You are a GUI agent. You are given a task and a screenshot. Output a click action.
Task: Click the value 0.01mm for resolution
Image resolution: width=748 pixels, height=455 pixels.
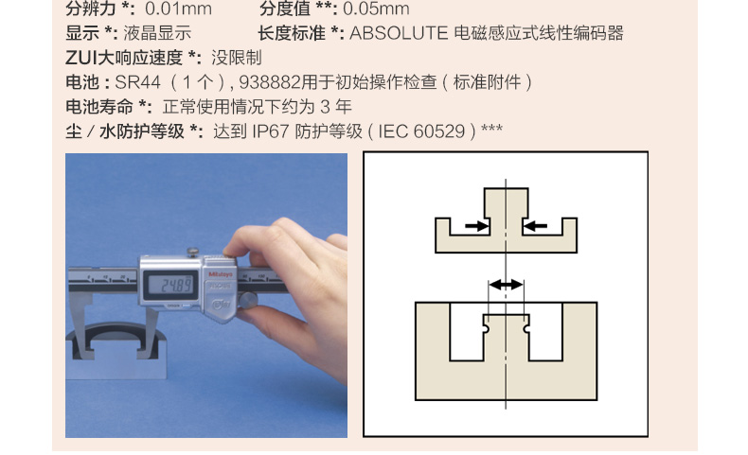pyautogui.click(x=178, y=9)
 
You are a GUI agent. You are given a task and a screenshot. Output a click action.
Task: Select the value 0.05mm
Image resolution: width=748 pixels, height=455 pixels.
pyautogui.click(x=376, y=9)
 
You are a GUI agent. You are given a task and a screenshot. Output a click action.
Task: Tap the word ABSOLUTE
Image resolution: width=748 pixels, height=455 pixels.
pyautogui.click(x=399, y=33)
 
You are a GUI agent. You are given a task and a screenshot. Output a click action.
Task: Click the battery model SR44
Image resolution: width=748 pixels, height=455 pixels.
pyautogui.click(x=138, y=82)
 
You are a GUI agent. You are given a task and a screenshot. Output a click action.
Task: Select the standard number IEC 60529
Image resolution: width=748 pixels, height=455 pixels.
pyautogui.click(x=421, y=131)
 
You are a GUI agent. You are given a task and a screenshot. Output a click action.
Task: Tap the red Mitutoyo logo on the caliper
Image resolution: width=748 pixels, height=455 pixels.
pyautogui.click(x=221, y=274)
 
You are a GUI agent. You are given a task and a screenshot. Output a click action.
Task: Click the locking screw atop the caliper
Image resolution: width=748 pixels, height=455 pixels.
pyautogui.click(x=193, y=252)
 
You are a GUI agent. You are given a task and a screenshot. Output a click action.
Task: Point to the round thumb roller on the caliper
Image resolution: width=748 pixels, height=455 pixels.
pyautogui.click(x=247, y=300)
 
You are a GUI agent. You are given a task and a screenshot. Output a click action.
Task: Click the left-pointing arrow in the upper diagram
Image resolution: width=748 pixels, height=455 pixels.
pyautogui.click(x=535, y=226)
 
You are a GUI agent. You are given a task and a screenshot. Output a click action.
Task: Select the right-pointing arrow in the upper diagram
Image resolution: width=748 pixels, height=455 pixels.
pyautogui.click(x=477, y=226)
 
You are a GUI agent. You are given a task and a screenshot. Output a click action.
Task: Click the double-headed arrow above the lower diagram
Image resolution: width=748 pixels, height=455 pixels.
pyautogui.click(x=507, y=285)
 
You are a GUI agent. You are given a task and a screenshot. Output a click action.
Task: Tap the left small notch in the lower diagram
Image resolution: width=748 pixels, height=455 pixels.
pyautogui.click(x=486, y=329)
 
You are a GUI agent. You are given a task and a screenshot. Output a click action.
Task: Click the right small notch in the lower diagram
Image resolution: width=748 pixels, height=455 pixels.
pyautogui.click(x=526, y=329)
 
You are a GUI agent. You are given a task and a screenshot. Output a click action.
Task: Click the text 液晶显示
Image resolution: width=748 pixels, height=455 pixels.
pyautogui.click(x=157, y=33)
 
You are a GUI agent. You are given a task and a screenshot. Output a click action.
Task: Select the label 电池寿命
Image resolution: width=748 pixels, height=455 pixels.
pyautogui.click(x=99, y=106)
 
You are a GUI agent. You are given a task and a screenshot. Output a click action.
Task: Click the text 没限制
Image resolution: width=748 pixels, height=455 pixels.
pyautogui.click(x=237, y=58)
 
